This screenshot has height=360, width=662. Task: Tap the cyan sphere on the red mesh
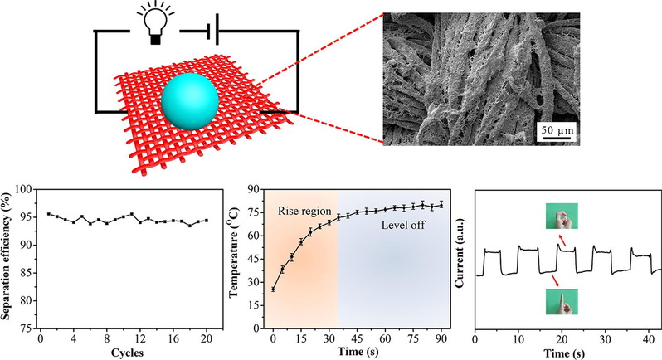point(190,100)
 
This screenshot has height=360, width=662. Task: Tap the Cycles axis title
point(124,351)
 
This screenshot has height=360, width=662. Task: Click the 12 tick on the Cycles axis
point(140,338)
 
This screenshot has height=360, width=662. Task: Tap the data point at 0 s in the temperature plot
point(273,289)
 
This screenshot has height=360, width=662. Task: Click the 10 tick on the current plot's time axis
point(518,338)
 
